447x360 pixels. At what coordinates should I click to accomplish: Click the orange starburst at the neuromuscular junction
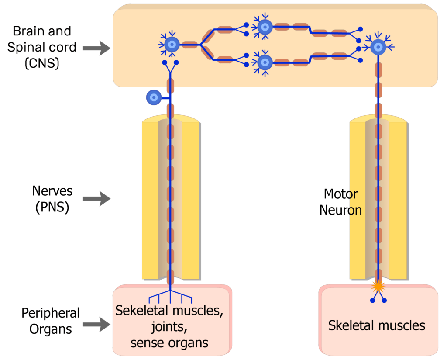pyautogui.click(x=378, y=287)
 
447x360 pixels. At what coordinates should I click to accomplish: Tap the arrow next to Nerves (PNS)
pyautogui.click(x=96, y=199)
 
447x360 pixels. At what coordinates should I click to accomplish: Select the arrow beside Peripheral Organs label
pyautogui.click(x=96, y=324)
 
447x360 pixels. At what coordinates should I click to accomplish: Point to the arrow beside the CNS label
pyautogui.click(x=96, y=48)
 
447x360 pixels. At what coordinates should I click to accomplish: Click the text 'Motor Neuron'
pyautogui.click(x=340, y=202)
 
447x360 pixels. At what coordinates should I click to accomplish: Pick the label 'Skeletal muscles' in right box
pyautogui.click(x=376, y=325)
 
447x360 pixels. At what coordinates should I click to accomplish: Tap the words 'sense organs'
pyautogui.click(x=169, y=343)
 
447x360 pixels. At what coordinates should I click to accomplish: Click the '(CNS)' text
pyautogui.click(x=41, y=63)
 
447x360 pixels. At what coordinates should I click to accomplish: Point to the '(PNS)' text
pyautogui.click(x=52, y=207)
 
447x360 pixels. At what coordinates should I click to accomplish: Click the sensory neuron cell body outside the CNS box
pyautogui.click(x=153, y=97)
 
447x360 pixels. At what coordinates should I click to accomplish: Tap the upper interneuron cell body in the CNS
pyautogui.click(x=265, y=27)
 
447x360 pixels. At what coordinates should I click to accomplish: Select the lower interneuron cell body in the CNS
pyautogui.click(x=265, y=62)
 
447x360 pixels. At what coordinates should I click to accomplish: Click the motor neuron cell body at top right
pyautogui.click(x=378, y=46)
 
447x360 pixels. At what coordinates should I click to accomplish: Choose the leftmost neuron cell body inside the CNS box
pyautogui.click(x=172, y=44)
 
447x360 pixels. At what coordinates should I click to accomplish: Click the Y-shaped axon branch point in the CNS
pyautogui.click(x=201, y=45)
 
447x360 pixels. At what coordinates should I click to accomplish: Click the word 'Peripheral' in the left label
pyautogui.click(x=51, y=313)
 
